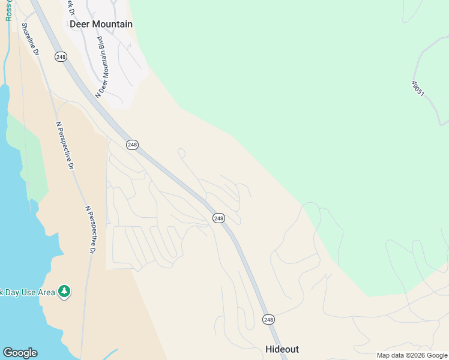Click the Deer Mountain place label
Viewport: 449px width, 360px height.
coord(101,24)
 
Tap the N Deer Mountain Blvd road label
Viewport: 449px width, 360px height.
coord(104,67)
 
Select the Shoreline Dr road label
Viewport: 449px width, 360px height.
coord(30,40)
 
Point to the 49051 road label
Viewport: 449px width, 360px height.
coord(418,88)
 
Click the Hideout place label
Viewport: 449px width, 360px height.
coord(282,349)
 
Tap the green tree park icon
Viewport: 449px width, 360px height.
coord(64,292)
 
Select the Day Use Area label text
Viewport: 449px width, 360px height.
coord(27,292)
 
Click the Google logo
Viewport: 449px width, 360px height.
coord(20,353)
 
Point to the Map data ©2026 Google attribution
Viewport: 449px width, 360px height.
coord(412,355)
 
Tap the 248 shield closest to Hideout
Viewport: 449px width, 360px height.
coord(268,320)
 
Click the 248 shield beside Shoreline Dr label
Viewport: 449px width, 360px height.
coord(61,56)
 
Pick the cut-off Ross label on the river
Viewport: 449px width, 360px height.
coord(8,10)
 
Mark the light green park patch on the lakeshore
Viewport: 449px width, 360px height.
coord(27,156)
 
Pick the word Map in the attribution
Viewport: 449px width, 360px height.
coord(384,355)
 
